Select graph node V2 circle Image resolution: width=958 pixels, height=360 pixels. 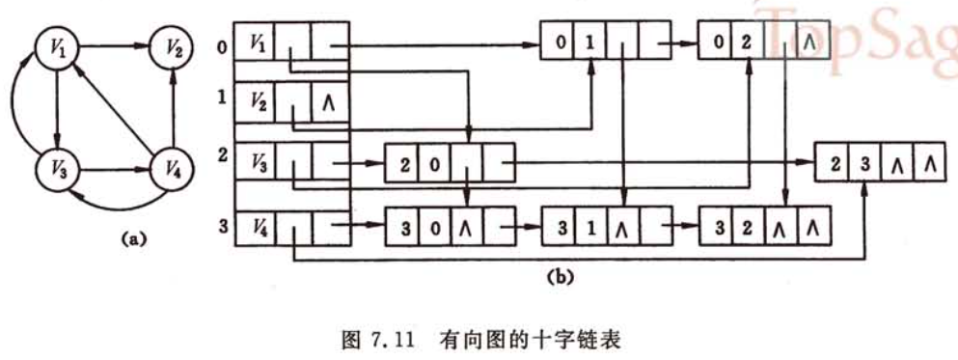(x=170, y=46)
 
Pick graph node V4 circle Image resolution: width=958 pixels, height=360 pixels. (x=170, y=174)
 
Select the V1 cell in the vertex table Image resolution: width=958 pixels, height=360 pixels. (x=255, y=44)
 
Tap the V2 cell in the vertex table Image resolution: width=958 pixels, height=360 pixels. (x=255, y=100)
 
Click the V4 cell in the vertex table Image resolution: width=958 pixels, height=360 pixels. (x=255, y=229)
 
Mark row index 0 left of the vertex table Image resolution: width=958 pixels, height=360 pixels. (x=223, y=42)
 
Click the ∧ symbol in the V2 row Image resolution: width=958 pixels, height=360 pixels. (x=328, y=101)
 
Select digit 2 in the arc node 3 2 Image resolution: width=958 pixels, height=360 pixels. (x=748, y=231)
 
